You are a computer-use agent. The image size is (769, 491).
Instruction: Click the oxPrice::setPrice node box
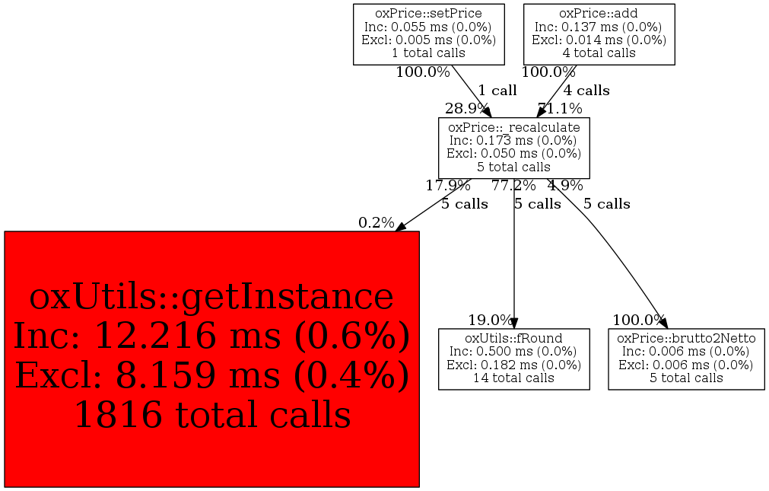tap(429, 33)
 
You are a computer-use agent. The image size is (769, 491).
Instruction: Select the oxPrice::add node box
tap(599, 33)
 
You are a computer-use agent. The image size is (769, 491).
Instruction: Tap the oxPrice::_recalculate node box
tap(513, 148)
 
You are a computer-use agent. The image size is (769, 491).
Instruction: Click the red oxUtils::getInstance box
tap(211, 359)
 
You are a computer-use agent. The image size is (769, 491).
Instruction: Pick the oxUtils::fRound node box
tap(513, 359)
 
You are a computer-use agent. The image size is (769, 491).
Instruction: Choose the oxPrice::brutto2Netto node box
tap(686, 359)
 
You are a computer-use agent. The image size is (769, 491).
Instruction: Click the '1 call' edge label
tap(497, 90)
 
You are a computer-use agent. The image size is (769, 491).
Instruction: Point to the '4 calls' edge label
tap(586, 90)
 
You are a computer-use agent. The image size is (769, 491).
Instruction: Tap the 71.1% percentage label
tap(560, 108)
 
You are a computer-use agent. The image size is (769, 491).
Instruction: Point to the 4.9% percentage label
tap(565, 185)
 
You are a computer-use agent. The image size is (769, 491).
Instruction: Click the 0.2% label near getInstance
tap(377, 223)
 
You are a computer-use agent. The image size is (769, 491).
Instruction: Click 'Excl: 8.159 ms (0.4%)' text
tap(212, 375)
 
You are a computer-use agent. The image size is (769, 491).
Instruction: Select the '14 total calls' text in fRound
tap(513, 378)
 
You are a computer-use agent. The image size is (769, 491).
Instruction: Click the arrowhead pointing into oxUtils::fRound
tap(514, 323)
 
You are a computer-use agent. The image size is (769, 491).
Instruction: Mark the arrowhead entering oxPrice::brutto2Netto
tap(663, 323)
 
